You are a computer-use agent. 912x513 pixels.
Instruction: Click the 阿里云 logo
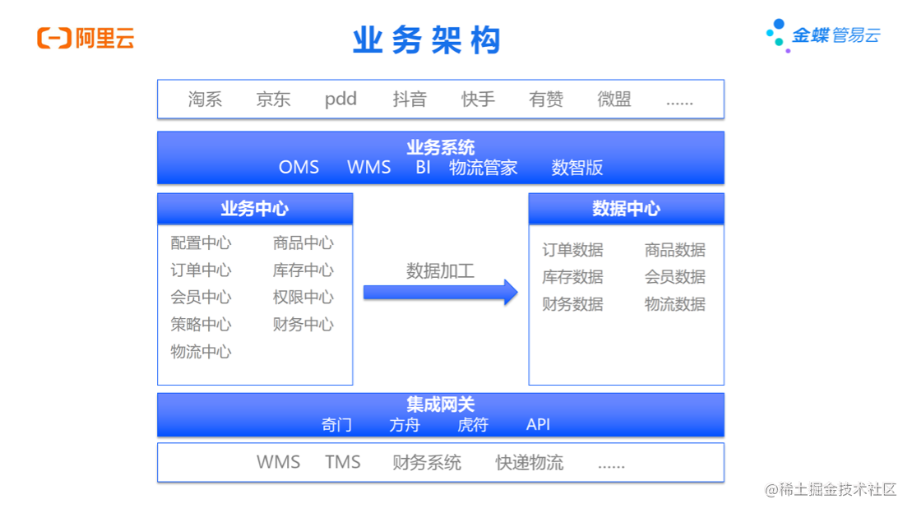click(x=86, y=38)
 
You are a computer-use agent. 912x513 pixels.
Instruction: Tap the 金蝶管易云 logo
click(x=823, y=35)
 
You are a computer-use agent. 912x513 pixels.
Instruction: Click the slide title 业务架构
click(x=427, y=40)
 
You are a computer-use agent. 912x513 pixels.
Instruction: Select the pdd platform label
click(x=340, y=99)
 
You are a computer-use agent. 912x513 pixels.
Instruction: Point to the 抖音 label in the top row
click(x=410, y=99)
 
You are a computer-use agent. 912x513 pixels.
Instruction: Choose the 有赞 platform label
click(x=546, y=99)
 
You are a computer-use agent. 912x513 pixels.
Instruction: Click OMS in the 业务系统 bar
click(x=299, y=168)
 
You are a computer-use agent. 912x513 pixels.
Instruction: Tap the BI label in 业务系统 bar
click(x=423, y=168)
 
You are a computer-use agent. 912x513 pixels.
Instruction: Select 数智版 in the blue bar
click(x=577, y=168)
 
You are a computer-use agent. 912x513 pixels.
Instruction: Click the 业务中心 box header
click(x=255, y=209)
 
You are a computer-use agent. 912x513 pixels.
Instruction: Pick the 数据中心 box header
click(x=626, y=209)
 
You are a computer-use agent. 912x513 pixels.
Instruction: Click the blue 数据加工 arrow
click(x=441, y=292)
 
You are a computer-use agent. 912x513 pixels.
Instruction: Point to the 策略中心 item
click(x=201, y=325)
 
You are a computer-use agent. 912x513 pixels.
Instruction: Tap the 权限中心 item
click(x=303, y=298)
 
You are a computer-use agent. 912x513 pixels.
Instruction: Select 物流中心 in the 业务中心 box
click(x=201, y=352)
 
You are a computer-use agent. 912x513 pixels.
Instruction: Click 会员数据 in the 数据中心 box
click(x=675, y=277)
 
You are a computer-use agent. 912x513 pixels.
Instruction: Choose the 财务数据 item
click(x=572, y=304)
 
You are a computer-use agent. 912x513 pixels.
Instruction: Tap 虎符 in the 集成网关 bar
click(x=473, y=425)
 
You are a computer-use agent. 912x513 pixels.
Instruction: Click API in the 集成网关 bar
click(x=539, y=425)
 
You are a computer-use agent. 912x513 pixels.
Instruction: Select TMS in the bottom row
click(x=343, y=462)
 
